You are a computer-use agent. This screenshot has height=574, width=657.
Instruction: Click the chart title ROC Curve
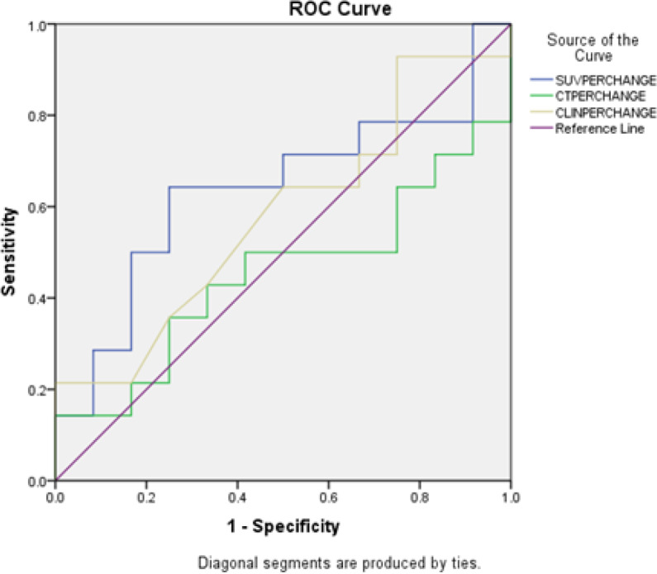tap(283, 10)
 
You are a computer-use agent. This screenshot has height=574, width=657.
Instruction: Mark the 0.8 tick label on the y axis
tap(38, 116)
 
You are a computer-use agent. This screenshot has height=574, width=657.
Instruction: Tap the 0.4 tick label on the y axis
tap(38, 298)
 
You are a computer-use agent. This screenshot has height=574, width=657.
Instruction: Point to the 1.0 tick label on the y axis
tap(38, 25)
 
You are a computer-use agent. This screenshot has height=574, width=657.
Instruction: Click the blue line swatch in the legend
tap(540, 80)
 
